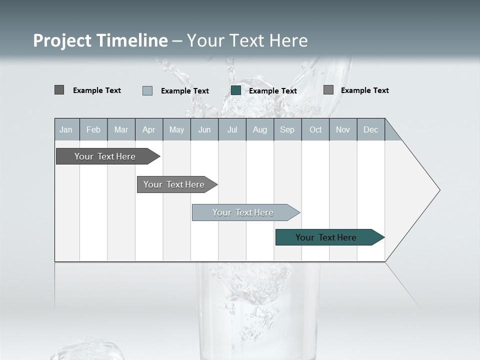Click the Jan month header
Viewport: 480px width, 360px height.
tap(66, 129)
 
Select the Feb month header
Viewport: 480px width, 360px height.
tap(93, 129)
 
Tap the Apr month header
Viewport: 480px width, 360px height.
tap(149, 129)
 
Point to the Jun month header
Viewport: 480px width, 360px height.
tap(204, 129)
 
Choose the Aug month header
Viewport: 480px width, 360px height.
tap(260, 129)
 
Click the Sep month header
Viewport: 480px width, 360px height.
tap(287, 129)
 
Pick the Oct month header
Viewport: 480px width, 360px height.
tap(315, 129)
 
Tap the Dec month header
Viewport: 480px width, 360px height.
tap(371, 129)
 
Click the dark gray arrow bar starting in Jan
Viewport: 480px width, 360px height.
tap(105, 156)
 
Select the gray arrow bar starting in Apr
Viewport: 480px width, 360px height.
tap(174, 184)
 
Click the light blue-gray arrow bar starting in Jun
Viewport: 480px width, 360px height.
tap(243, 212)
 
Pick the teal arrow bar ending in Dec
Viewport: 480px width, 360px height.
tap(326, 237)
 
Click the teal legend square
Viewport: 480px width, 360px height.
tap(236, 90)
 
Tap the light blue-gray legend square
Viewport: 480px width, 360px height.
tap(147, 90)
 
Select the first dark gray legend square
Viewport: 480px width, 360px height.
tap(59, 90)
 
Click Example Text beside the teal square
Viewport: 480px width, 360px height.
tap(273, 90)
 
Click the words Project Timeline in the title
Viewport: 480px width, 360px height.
tap(100, 40)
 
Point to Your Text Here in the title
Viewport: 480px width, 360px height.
tap(247, 40)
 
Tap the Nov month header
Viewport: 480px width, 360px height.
tap(343, 129)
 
